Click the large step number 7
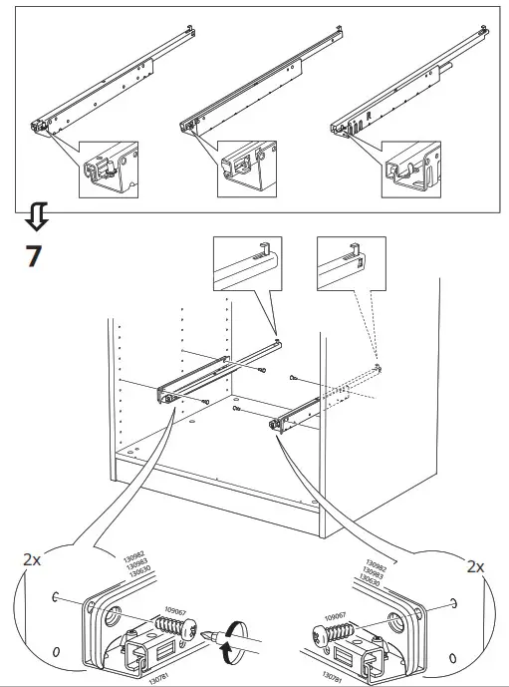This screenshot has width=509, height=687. tap(33, 255)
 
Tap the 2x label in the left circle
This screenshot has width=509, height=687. tap(33, 560)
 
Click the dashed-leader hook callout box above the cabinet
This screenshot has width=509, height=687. tap(350, 264)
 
